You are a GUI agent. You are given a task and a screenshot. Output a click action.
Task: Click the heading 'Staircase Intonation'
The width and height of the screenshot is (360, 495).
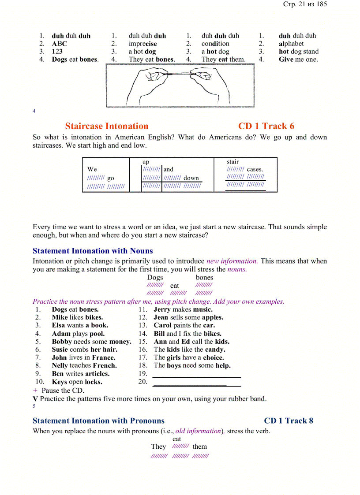click(107, 126)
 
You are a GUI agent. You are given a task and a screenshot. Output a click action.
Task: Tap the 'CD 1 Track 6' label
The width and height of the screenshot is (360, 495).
click(266, 126)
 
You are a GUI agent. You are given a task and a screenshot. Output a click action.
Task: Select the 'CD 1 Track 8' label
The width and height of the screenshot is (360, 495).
click(289, 421)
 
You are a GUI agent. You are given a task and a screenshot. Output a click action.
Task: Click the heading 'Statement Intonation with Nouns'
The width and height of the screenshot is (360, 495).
click(93, 251)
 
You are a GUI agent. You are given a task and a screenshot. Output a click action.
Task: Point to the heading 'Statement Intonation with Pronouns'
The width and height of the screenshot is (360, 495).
click(98, 421)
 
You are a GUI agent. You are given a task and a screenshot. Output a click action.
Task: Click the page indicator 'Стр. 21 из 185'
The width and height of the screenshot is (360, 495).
click(305, 4)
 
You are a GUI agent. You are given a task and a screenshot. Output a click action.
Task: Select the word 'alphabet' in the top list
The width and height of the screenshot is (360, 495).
click(291, 44)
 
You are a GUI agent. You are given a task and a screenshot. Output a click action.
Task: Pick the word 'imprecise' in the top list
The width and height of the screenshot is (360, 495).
click(142, 44)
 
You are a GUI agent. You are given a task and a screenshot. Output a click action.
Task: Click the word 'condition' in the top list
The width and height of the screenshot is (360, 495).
click(215, 44)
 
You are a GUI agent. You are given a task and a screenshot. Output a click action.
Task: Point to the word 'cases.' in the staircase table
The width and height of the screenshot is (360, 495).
click(255, 169)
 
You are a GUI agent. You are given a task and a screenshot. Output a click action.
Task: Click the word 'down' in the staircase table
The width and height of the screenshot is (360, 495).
click(191, 178)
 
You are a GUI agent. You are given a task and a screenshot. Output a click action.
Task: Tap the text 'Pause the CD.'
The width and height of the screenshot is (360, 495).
click(63, 391)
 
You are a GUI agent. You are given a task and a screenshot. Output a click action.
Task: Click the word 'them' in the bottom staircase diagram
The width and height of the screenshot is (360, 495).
click(199, 447)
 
